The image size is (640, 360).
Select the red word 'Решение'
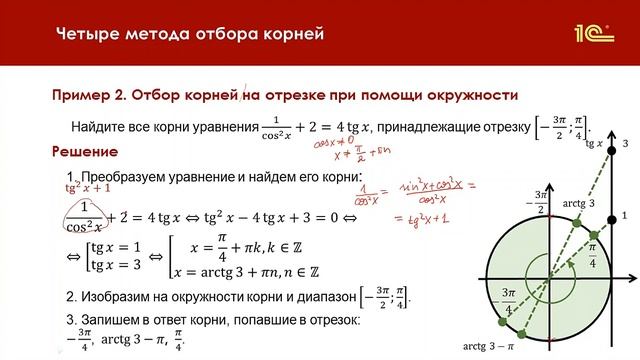[84, 151]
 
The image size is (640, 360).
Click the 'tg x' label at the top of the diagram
[593, 145]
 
